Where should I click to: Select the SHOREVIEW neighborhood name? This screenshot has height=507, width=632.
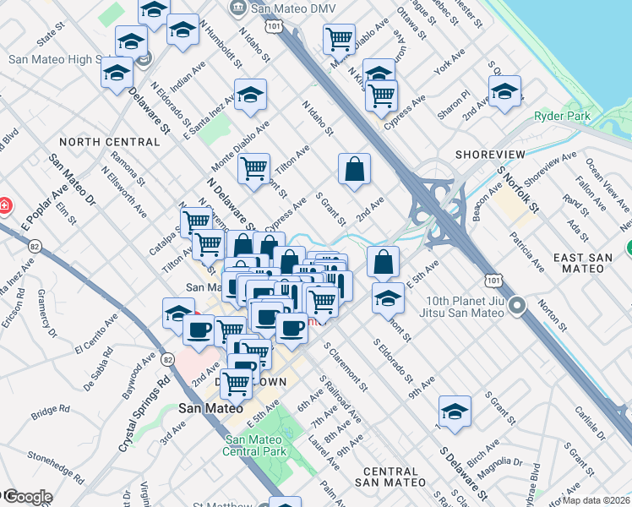click(489, 155)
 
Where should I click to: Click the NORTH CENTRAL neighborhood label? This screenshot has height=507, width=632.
click(109, 142)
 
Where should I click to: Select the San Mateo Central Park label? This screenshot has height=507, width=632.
click(257, 444)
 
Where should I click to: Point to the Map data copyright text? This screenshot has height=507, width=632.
click(596, 500)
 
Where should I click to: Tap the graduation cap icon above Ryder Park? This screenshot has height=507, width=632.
click(504, 91)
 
